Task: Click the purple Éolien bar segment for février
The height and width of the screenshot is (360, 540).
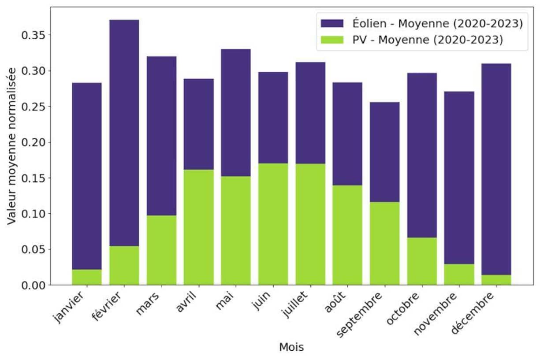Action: (124, 132)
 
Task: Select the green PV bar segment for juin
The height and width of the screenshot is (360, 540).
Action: (273, 224)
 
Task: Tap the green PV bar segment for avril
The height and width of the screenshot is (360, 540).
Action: (198, 227)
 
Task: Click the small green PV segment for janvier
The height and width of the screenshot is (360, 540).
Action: (87, 277)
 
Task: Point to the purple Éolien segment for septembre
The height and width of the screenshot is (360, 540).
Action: (385, 152)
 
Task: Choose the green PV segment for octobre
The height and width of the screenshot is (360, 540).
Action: (422, 261)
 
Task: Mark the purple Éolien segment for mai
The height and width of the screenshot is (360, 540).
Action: (236, 113)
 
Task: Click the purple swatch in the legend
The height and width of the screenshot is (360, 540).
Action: (329, 23)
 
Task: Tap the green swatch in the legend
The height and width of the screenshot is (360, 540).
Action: (329, 40)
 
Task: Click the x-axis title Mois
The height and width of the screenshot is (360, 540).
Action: (291, 348)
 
